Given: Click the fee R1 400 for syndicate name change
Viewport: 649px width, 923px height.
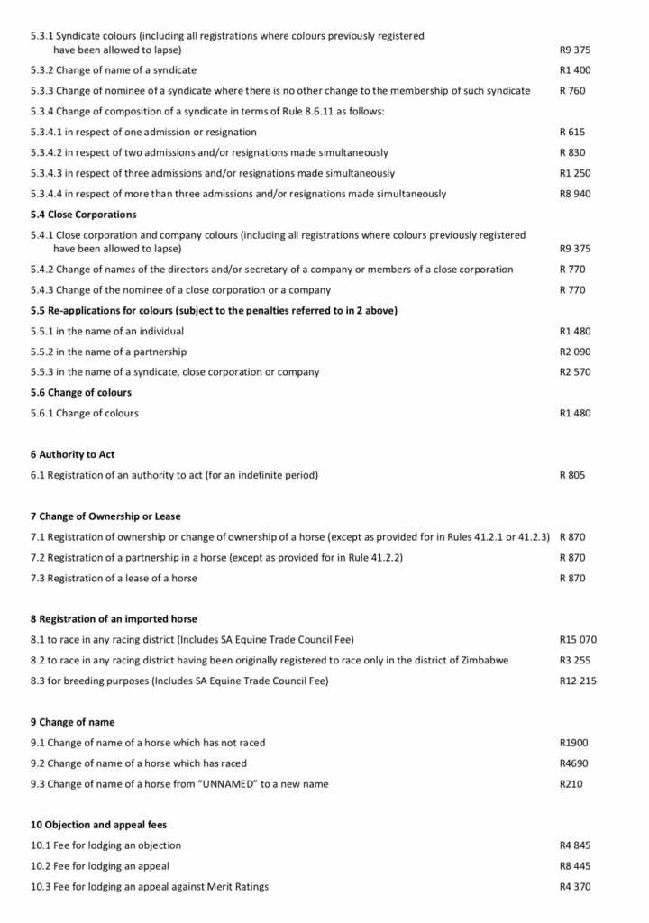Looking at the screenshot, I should click(575, 70).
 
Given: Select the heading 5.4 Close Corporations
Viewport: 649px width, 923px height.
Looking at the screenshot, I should click(83, 215).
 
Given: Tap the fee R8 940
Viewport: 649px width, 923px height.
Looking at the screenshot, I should click(575, 194).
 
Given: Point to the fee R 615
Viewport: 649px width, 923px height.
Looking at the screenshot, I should click(572, 133).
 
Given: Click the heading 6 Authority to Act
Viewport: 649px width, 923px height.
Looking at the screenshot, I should click(72, 454).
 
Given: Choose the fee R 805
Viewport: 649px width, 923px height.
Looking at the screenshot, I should click(572, 475).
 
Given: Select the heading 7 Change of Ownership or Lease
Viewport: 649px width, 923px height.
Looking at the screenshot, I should click(105, 516).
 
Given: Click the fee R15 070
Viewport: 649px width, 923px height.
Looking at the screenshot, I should click(578, 640).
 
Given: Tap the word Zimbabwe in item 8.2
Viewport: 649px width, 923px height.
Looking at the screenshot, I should click(485, 661).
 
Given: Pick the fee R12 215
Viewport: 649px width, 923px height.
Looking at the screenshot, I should click(578, 681).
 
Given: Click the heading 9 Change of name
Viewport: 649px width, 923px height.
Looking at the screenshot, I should click(72, 722).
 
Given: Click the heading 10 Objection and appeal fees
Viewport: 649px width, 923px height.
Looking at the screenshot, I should click(98, 825).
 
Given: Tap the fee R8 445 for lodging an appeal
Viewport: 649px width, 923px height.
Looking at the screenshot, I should click(575, 866).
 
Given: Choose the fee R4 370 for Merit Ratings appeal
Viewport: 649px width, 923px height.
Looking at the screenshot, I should click(575, 887).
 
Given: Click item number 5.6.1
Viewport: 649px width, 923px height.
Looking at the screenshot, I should click(41, 414).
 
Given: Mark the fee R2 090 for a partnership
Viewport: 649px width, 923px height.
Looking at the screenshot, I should click(575, 352).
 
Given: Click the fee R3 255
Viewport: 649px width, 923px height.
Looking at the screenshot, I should click(575, 661).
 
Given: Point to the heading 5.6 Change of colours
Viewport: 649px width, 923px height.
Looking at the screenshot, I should click(80, 393).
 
